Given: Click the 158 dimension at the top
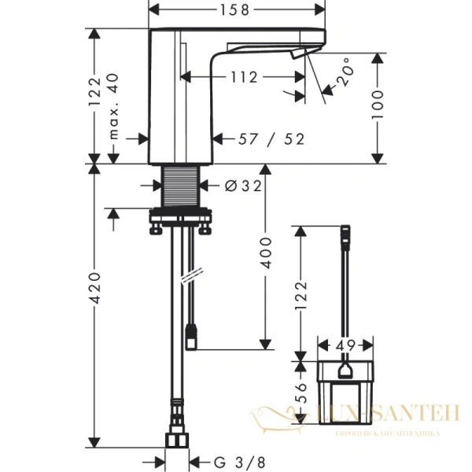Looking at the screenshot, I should coord(237,10).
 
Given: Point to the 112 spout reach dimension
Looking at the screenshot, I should coord(245,77).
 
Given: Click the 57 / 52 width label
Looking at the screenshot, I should coord(273,139).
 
